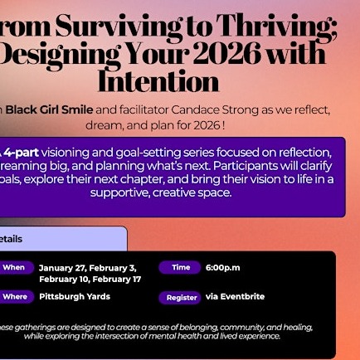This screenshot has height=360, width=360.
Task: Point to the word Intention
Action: [x=158, y=81]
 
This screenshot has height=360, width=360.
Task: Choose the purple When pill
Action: [x=14, y=268]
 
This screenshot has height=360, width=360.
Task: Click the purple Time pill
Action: [x=180, y=268]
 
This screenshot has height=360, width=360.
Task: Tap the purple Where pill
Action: [x=14, y=296]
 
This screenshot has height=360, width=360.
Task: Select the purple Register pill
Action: [x=182, y=297]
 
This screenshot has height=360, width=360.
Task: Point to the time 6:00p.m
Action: [x=223, y=268]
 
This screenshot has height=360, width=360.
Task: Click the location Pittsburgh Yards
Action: [x=75, y=296]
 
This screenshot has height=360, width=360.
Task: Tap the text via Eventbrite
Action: [x=224, y=296]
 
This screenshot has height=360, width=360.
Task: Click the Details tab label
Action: [x=11, y=239]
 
